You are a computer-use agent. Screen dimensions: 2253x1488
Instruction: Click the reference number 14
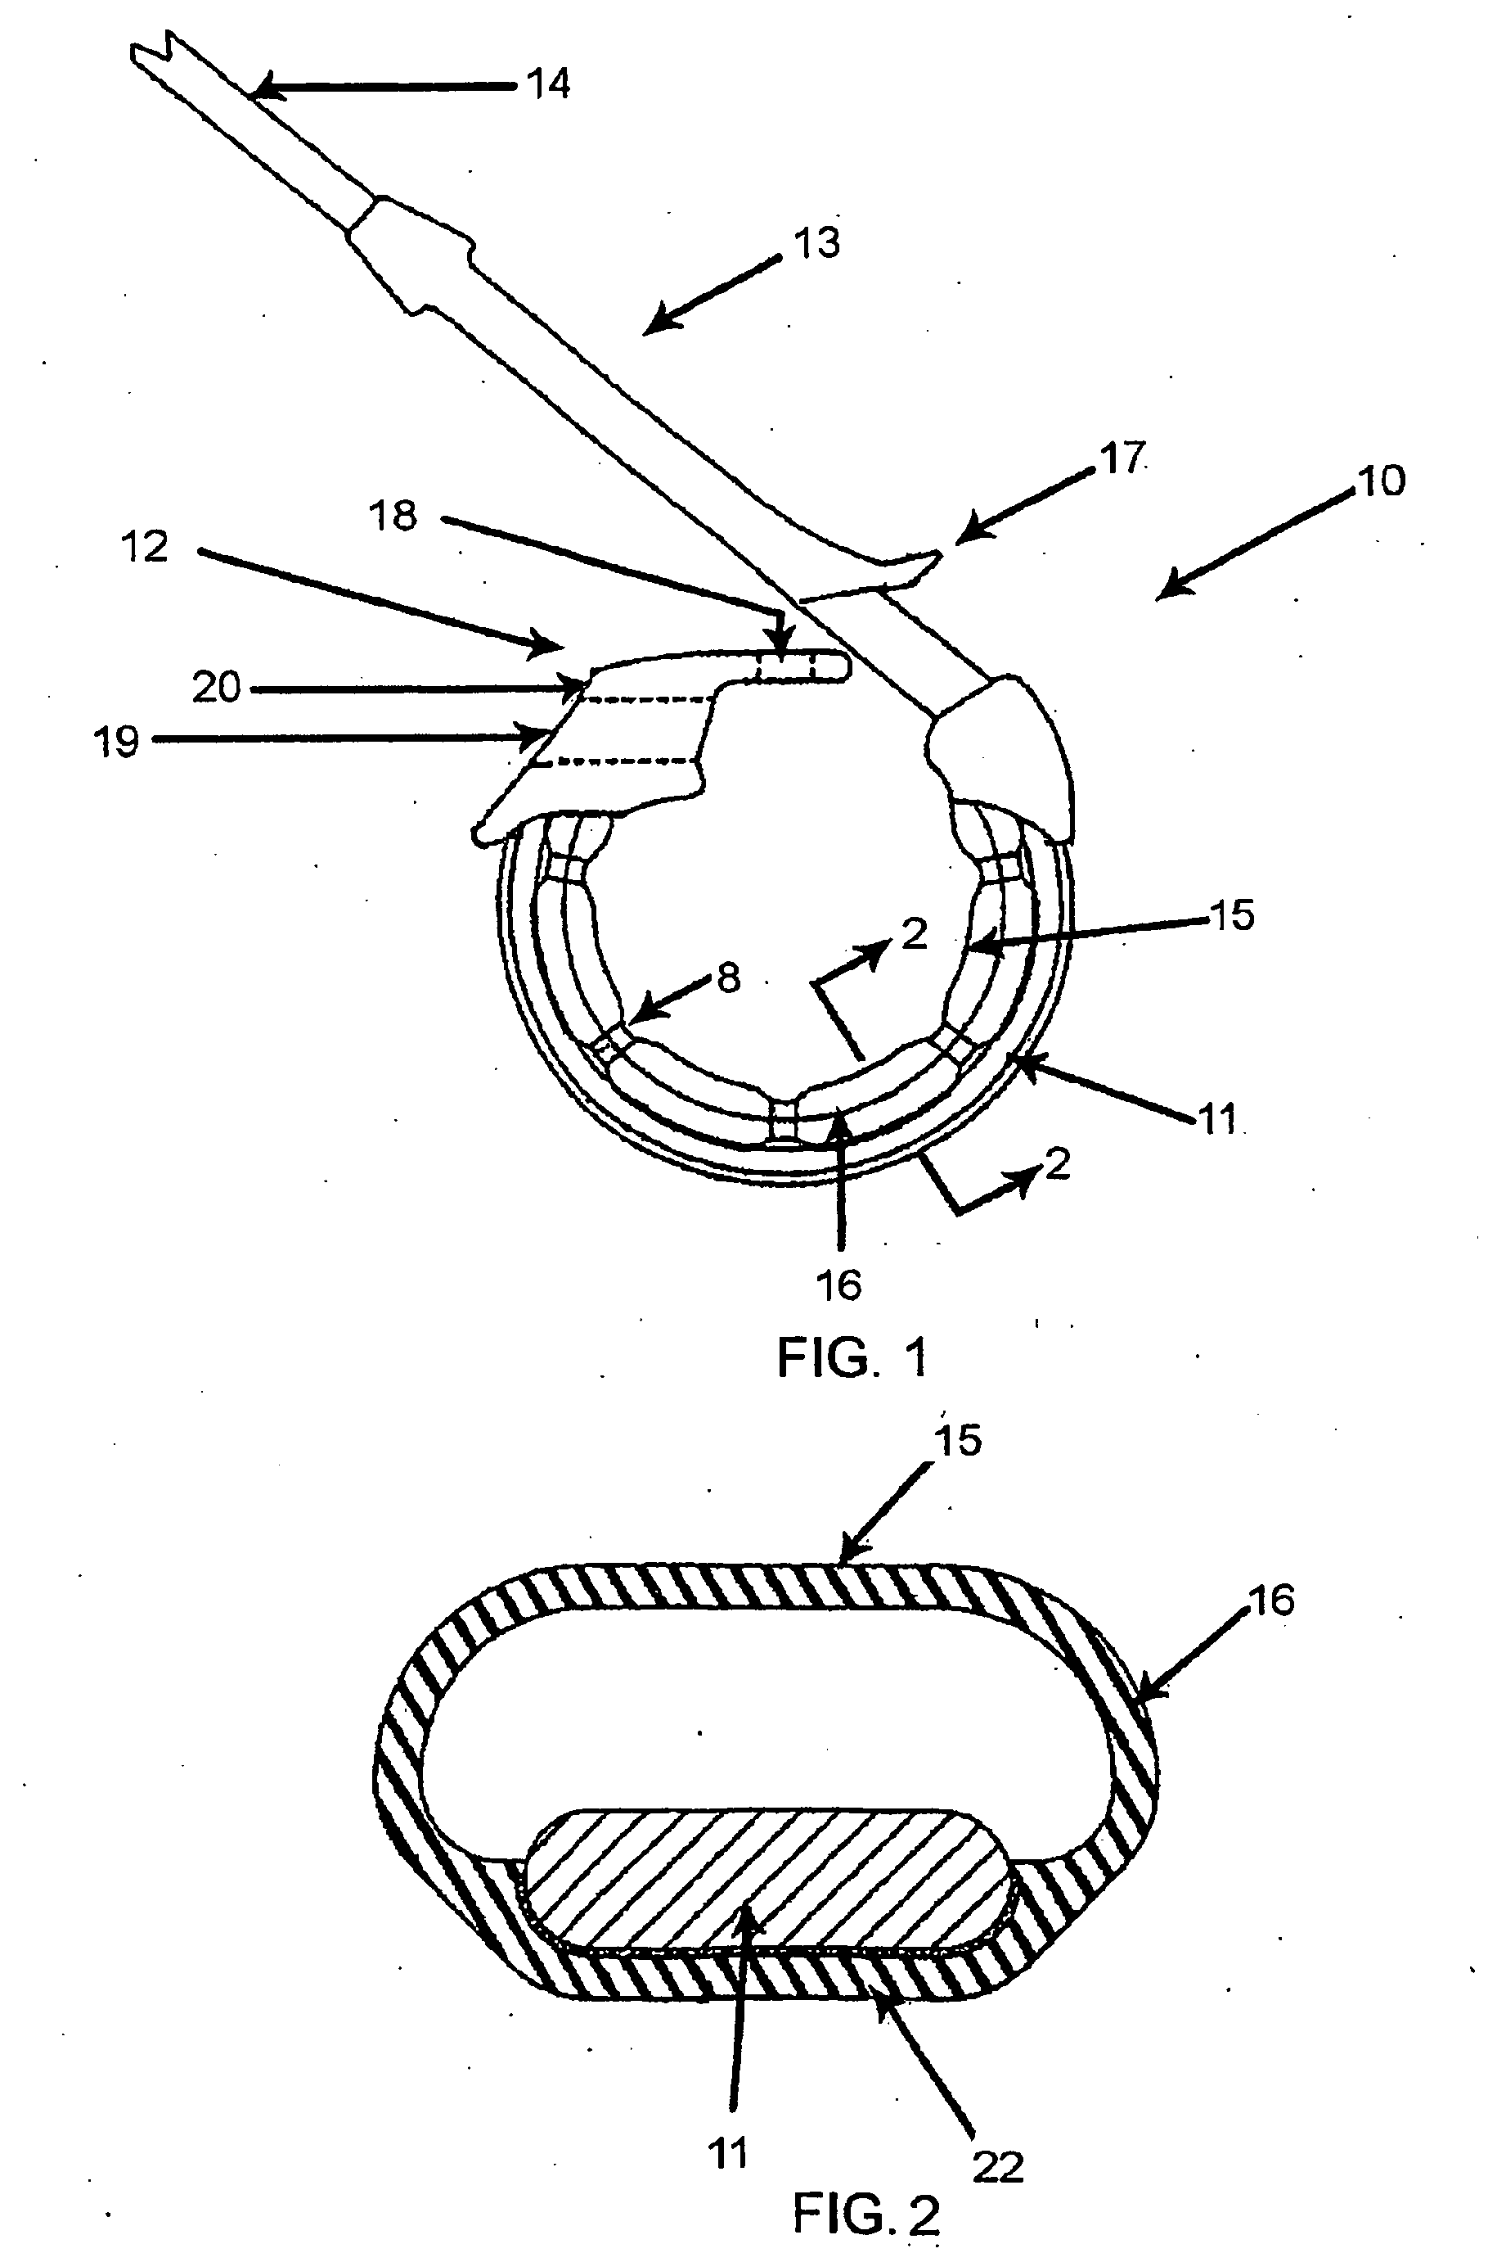[549, 84]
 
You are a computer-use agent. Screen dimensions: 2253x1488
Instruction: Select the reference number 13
[817, 243]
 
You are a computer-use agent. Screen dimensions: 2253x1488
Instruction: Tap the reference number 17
[1122, 458]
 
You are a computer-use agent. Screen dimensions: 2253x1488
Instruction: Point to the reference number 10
[1382, 481]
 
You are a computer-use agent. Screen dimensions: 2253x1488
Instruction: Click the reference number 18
[393, 516]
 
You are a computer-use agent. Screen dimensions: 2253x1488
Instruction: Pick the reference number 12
[145, 547]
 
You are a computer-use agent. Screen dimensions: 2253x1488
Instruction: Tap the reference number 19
[117, 742]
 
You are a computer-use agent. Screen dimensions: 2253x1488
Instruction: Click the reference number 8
[729, 977]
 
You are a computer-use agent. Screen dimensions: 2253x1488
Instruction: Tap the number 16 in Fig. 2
[1273, 1600]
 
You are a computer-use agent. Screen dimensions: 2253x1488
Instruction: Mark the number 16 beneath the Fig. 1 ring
[839, 1285]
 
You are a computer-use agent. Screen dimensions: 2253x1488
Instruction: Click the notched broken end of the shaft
[152, 52]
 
